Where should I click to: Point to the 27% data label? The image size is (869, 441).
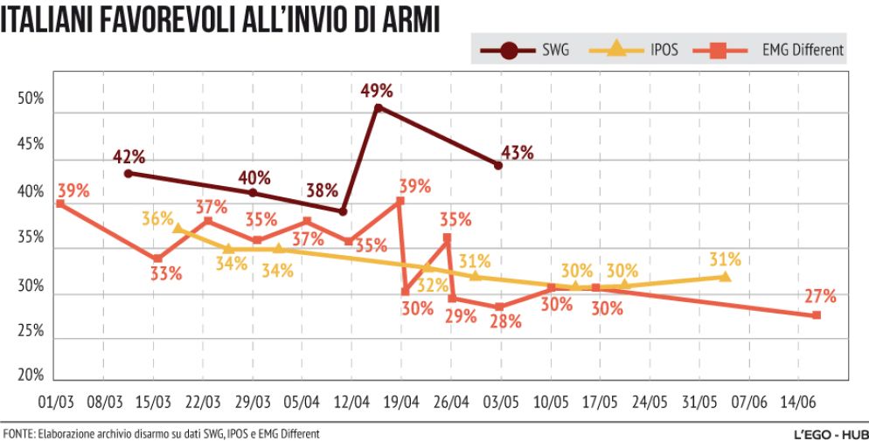click(821, 296)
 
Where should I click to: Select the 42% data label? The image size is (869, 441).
click(129, 157)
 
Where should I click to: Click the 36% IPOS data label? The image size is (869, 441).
click(158, 218)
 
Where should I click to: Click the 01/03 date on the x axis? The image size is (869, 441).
click(53, 403)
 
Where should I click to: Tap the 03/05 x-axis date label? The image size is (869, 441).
click(501, 403)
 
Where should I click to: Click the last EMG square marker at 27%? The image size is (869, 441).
click(817, 315)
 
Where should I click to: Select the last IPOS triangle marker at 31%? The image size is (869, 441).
click(725, 276)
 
